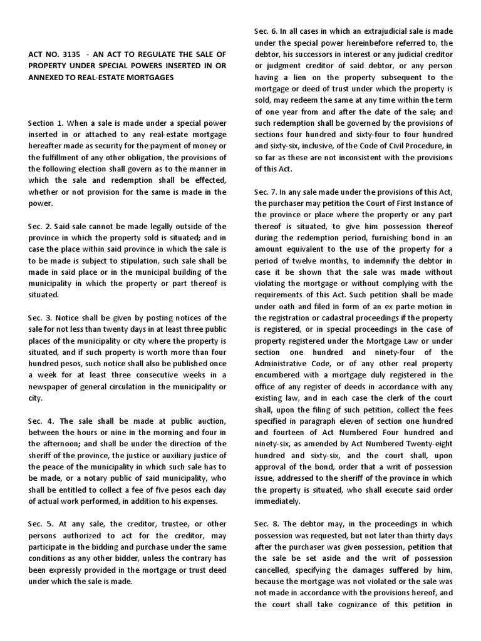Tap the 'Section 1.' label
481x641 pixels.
click(46, 123)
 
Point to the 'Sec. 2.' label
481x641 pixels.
click(39, 226)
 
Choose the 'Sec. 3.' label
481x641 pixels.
click(39, 318)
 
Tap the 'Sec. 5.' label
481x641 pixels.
click(40, 525)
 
